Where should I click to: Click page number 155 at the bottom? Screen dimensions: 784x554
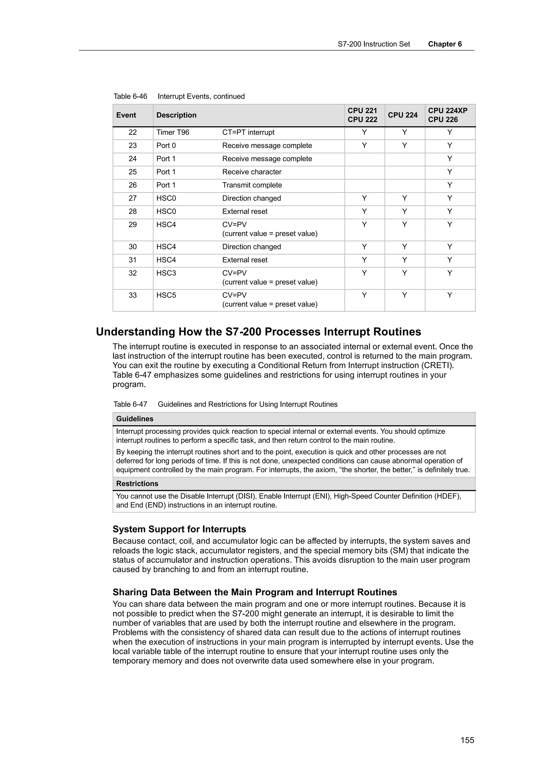click(467, 740)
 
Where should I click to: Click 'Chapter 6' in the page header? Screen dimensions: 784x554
click(444, 44)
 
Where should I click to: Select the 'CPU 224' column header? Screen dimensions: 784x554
click(403, 115)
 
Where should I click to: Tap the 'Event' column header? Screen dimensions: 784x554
click(126, 115)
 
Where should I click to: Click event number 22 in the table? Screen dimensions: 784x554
click(133, 133)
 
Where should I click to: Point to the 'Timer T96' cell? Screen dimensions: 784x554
click(173, 133)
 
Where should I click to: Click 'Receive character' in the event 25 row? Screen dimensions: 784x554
click(252, 172)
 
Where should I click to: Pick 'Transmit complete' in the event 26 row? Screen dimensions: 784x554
click(252, 185)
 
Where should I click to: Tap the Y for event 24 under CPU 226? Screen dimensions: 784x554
click(450, 159)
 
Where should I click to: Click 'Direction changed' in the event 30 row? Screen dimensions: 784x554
click(252, 247)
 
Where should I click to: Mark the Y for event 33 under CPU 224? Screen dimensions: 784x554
click(404, 295)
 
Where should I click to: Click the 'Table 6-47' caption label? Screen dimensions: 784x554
click(130, 404)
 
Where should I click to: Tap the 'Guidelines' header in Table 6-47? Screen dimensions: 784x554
click(135, 419)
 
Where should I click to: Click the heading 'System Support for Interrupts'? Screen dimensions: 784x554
click(179, 529)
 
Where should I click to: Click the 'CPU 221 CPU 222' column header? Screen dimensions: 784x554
click(362, 115)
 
